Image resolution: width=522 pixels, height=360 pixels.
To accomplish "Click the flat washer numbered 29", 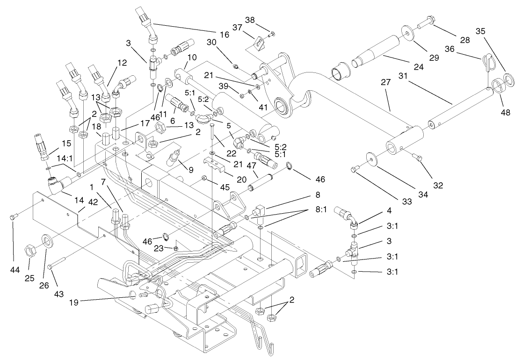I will pos(409,34).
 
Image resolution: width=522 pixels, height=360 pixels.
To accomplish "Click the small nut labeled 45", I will pos(203,177).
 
